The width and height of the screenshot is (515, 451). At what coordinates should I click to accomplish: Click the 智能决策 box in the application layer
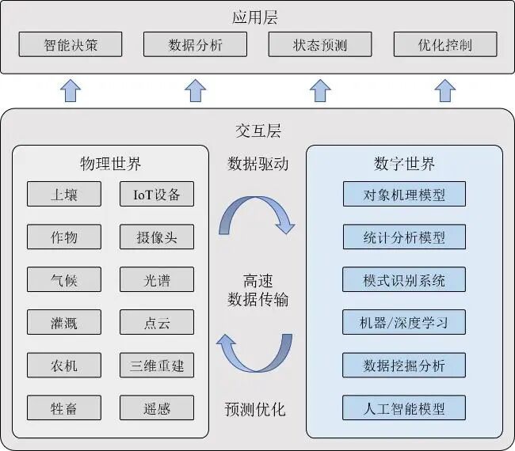[x=71, y=44]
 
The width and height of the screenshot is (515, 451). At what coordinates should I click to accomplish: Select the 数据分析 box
[x=195, y=44]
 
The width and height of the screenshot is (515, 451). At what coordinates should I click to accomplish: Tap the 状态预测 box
[x=319, y=44]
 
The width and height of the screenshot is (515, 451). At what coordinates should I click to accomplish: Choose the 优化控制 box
[x=444, y=44]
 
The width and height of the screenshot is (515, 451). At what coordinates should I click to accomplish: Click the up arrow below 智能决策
[x=71, y=90]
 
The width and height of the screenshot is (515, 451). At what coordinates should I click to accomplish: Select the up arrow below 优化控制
[x=444, y=90]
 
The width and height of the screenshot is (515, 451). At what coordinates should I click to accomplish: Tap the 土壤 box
[x=64, y=194]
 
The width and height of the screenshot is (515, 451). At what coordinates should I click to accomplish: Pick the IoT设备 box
[x=157, y=194]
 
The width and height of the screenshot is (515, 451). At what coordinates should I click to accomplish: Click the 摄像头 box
[x=157, y=237]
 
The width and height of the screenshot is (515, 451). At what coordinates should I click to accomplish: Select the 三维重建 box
[x=157, y=366]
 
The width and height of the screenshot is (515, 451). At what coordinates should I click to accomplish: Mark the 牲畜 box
[x=64, y=408]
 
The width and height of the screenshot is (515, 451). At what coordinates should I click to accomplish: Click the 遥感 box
[x=157, y=408]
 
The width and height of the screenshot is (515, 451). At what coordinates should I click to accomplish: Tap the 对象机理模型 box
[x=404, y=194]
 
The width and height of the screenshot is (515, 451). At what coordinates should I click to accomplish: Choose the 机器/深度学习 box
[x=404, y=322]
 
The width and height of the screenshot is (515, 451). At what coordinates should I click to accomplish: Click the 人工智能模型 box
[x=404, y=408]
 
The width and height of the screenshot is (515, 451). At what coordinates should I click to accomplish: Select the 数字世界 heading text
[x=404, y=164]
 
